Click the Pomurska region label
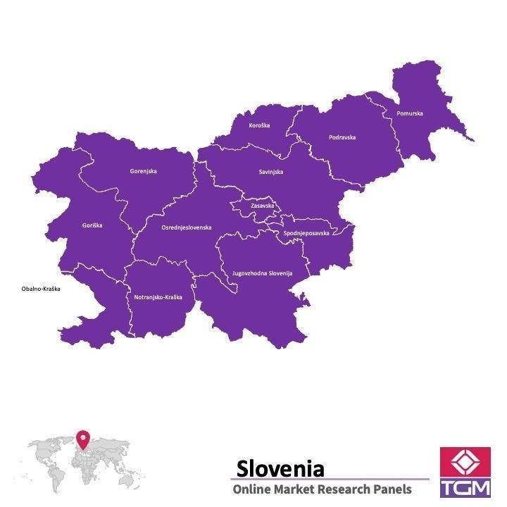point(410,113)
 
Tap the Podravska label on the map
point(342,137)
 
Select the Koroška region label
point(259,125)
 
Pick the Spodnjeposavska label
point(306,233)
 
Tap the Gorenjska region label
point(143,171)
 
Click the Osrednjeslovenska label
point(186,227)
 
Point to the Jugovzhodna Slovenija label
point(262,273)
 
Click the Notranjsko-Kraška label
point(158,297)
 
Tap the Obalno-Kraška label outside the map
point(41,289)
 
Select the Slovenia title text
point(280,468)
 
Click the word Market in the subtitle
point(293,489)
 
